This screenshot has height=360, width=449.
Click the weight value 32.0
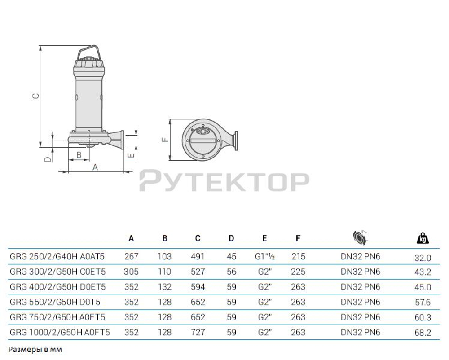(422, 258)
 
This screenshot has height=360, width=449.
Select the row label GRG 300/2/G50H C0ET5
(58, 272)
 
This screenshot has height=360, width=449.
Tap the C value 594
(198, 287)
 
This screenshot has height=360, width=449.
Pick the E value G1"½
(264, 257)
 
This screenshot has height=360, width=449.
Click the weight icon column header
(423, 238)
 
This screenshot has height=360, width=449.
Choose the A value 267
(131, 257)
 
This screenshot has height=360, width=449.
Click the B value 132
(164, 287)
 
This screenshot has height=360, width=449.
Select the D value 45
(231, 257)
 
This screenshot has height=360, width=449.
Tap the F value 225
(298, 272)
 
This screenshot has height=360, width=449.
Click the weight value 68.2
(422, 333)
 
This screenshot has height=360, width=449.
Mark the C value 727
(198, 333)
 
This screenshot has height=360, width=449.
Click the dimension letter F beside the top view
(165, 140)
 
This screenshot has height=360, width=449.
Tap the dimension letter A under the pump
(95, 167)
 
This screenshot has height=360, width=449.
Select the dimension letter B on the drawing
(79, 155)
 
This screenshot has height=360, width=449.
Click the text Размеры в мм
(35, 349)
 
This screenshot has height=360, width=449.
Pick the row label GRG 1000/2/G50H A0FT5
(60, 333)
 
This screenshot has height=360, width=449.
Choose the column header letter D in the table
(231, 238)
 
